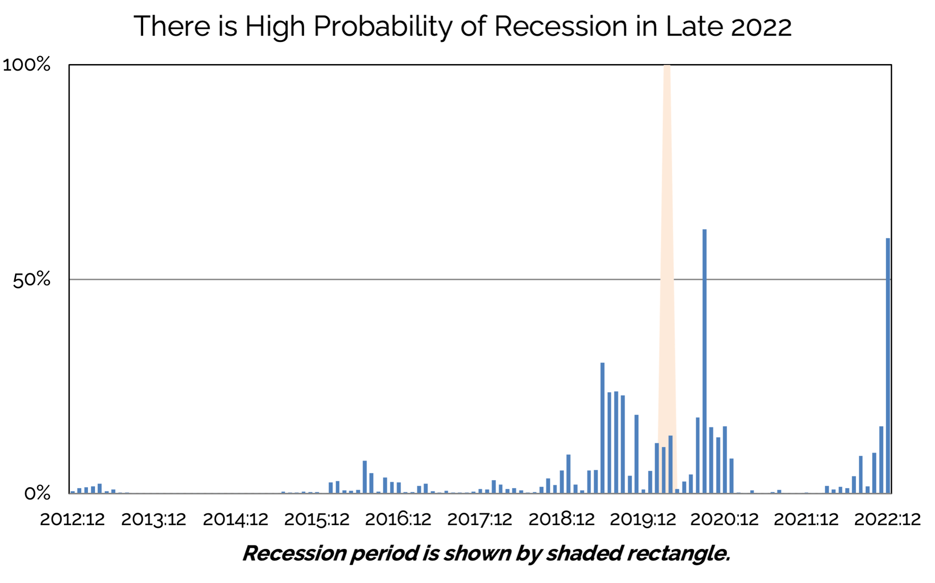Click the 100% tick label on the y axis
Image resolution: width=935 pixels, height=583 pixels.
click(x=27, y=65)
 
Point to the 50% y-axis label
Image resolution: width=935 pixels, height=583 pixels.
click(x=32, y=280)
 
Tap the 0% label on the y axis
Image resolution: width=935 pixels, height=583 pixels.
click(x=37, y=493)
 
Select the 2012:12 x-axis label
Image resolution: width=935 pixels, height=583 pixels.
click(x=72, y=519)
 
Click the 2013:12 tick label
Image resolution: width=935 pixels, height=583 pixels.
click(x=154, y=519)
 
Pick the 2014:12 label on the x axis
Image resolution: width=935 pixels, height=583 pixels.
click(x=236, y=519)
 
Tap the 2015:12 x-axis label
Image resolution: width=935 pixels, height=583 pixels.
click(x=317, y=519)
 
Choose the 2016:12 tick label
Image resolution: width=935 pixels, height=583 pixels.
click(x=398, y=519)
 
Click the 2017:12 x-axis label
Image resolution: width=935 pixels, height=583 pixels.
click(x=480, y=519)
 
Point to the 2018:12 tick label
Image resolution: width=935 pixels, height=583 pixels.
click(x=561, y=519)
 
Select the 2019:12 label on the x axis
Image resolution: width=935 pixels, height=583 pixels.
click(x=643, y=519)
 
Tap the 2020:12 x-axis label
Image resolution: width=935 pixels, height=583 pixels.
click(x=725, y=519)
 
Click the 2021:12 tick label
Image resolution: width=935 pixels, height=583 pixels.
click(x=806, y=519)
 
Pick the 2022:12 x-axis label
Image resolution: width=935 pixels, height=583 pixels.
click(x=887, y=519)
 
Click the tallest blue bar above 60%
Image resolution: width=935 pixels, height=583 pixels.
click(x=705, y=360)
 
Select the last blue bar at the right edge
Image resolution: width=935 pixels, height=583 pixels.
click(x=888, y=365)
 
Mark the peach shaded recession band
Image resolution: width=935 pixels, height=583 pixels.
click(x=667, y=234)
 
